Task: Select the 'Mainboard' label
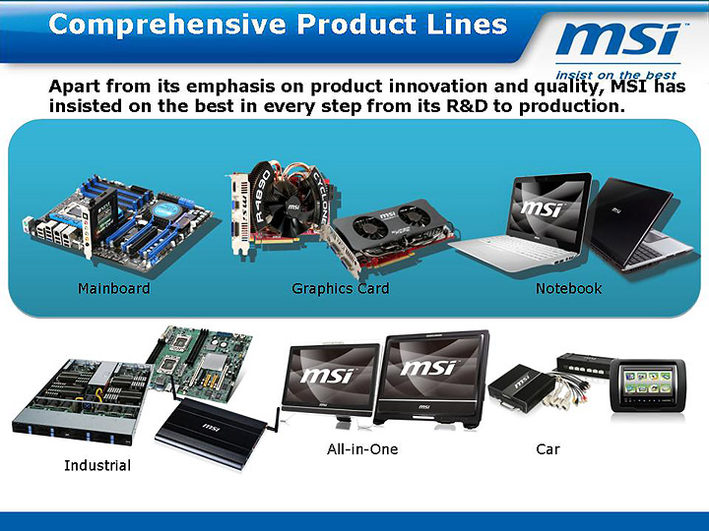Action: [x=114, y=288]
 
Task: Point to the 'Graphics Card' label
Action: [x=340, y=288]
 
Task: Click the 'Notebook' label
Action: [x=568, y=288]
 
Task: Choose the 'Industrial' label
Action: [x=97, y=464]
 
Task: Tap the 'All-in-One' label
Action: [x=362, y=448]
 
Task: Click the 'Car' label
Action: [x=548, y=448]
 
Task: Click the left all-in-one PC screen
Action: [x=329, y=375]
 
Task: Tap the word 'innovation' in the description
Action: [x=357, y=88]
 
